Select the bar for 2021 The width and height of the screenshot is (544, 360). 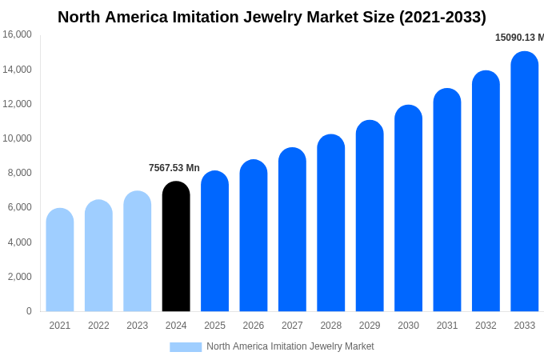60,260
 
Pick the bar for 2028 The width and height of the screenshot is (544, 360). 331,223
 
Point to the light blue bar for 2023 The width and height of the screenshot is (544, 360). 138,251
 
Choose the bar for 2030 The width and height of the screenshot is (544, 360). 408,208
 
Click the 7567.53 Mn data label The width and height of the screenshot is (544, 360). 174,168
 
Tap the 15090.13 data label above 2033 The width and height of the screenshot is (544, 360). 518,38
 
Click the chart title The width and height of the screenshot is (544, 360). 272,17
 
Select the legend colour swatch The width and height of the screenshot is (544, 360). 186,346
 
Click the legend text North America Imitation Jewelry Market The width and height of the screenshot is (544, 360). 290,346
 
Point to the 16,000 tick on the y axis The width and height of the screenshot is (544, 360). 17,34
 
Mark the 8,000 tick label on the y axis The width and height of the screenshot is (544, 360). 19,173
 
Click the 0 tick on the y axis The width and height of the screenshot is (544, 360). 29,311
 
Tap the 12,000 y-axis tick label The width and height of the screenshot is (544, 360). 17,104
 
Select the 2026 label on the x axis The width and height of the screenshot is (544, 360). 254,326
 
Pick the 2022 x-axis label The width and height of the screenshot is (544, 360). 98,326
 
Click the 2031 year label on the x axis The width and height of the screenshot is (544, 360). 447,326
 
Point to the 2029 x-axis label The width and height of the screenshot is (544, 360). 370,326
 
